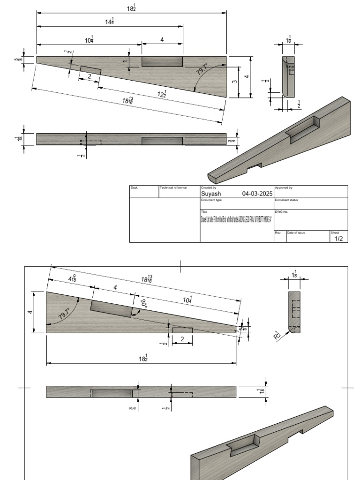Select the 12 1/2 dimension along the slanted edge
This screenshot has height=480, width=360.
[162, 94]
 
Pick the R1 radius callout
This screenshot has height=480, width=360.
[277, 334]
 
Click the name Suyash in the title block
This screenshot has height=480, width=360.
[211, 194]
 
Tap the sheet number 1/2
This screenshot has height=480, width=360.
[338, 239]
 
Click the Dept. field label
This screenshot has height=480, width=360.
[135, 187]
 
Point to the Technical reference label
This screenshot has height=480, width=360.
[173, 187]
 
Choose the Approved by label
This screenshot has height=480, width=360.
[284, 187]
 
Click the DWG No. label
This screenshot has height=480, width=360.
[282, 212]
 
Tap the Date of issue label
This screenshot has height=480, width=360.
[296, 232]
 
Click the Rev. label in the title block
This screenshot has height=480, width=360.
[277, 232]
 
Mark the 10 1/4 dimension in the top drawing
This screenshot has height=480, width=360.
[89, 41]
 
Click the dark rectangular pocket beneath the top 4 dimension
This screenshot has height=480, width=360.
[162, 61]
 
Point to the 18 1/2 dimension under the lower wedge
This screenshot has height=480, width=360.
[143, 358]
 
